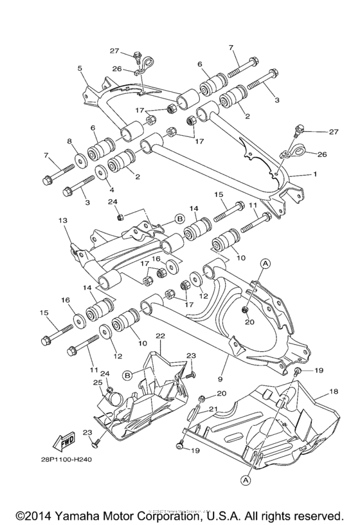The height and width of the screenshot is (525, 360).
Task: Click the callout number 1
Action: tap(315, 174)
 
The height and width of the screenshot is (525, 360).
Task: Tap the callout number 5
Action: tap(80, 68)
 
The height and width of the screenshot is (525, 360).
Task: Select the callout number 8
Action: tap(69, 141)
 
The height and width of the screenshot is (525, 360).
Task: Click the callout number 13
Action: tap(62, 220)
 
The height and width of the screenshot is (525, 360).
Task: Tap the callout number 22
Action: tap(160, 336)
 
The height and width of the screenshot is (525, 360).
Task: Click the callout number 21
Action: tap(213, 409)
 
